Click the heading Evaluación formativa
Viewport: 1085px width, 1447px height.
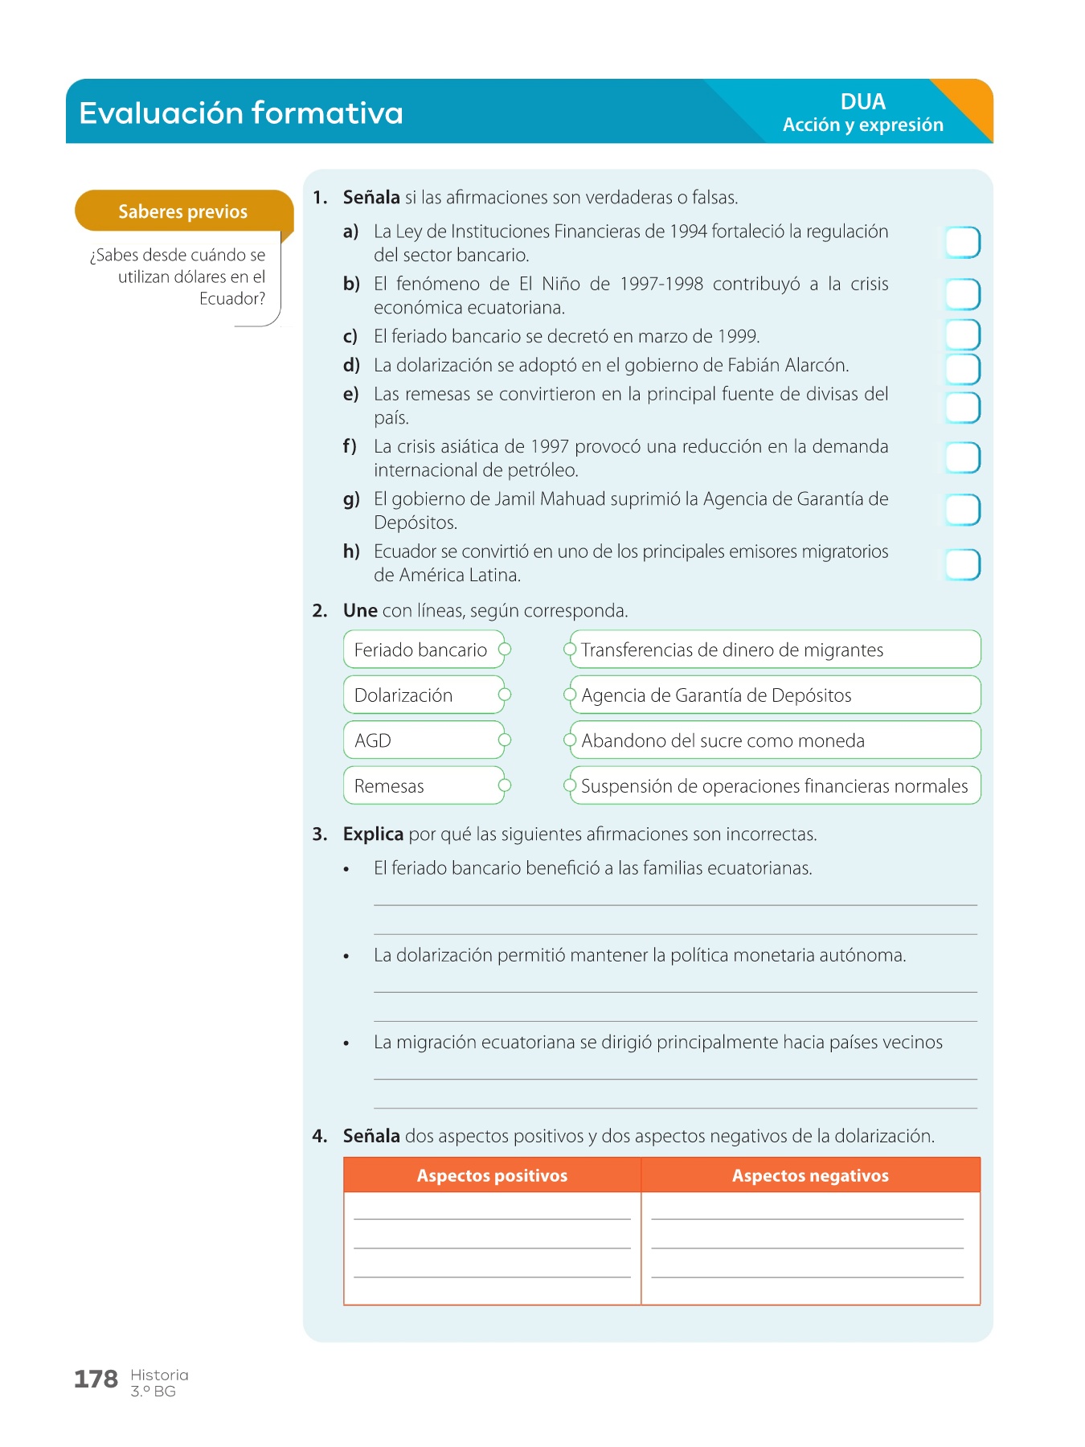(240, 113)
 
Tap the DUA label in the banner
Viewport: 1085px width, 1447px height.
(862, 101)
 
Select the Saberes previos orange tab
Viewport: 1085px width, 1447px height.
(183, 211)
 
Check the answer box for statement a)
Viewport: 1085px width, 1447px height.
(962, 242)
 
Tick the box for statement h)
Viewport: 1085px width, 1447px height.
(962, 564)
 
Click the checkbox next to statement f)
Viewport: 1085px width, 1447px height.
(962, 457)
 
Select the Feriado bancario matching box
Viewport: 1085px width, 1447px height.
(421, 650)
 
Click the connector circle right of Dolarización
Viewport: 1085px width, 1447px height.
(505, 695)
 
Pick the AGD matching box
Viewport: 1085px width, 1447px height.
(421, 740)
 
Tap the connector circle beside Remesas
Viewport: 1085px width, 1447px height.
(505, 785)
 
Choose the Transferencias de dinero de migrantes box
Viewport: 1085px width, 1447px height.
(773, 650)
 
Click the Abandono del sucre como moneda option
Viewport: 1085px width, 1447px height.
(773, 740)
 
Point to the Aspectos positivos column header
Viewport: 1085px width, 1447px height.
(492, 1175)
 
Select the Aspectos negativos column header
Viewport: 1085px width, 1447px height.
(810, 1175)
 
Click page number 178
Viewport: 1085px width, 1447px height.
(96, 1379)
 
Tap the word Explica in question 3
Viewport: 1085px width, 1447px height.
(373, 834)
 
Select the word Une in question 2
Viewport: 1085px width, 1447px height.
(360, 610)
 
